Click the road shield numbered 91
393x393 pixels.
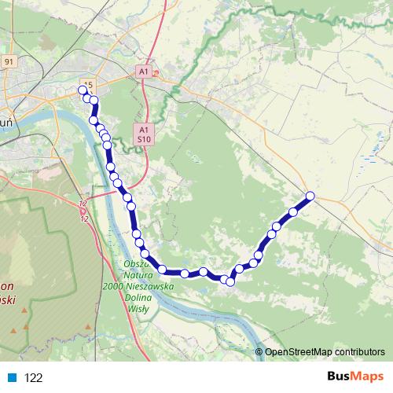(9, 61)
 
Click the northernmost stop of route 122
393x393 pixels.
(83, 90)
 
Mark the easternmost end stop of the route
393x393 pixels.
(310, 196)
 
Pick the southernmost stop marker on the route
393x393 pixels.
(230, 281)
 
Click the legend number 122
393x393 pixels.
(34, 378)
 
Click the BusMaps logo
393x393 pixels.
(354, 377)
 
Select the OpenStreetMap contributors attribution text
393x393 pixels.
(325, 352)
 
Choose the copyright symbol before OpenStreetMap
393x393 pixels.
(259, 352)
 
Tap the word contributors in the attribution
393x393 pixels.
(358, 352)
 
